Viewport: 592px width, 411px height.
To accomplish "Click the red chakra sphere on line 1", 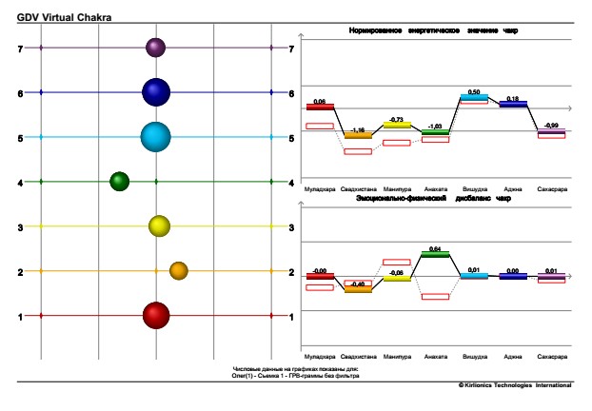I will click(155, 315).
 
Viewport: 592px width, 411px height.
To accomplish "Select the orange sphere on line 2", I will click(178, 271).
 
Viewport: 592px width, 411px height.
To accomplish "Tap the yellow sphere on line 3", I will click(159, 226).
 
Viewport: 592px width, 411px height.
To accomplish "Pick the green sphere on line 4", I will click(119, 181).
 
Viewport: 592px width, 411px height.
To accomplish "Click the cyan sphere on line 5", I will click(155, 137).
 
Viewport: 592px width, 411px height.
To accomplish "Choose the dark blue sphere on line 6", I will click(155, 92).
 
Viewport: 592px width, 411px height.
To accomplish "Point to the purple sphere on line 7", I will click(155, 47).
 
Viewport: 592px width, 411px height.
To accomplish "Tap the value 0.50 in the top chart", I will click(473, 91).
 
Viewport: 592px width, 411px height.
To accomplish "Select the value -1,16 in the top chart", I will click(358, 129).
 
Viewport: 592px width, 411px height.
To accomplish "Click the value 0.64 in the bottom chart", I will click(435, 248).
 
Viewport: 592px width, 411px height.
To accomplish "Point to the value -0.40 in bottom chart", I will click(358, 284).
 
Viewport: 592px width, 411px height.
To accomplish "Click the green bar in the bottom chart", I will click(435, 254).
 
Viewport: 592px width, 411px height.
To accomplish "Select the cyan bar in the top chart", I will click(473, 97).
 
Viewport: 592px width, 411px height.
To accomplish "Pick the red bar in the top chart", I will click(320, 107).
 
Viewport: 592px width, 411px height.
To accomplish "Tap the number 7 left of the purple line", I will click(20, 48).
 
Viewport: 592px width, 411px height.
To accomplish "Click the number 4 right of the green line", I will click(290, 182).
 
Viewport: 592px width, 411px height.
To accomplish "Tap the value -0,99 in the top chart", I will click(551, 126).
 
